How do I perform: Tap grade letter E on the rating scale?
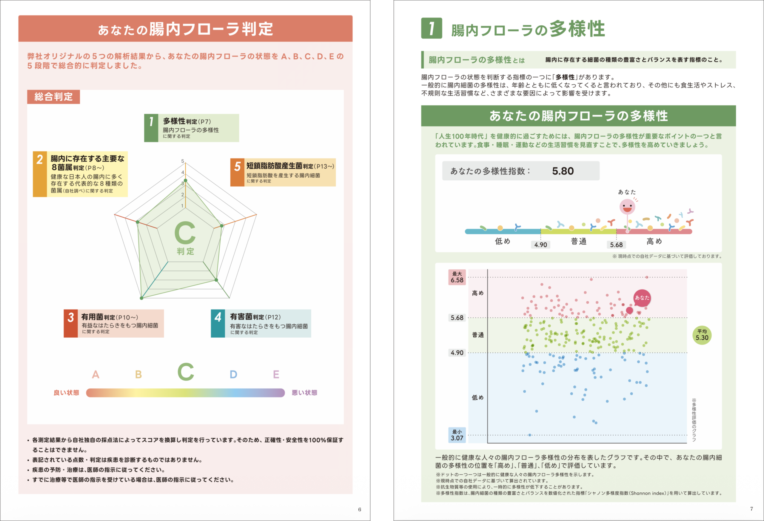[276, 374]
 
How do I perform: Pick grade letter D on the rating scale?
[233, 374]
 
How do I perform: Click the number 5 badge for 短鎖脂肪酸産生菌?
[237, 172]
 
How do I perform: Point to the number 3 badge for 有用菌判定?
[71, 323]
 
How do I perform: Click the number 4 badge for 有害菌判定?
[218, 323]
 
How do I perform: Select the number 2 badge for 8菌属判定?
[40, 174]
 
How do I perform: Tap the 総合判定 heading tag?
[54, 97]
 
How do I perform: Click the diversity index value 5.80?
[563, 171]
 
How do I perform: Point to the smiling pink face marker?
[627, 207]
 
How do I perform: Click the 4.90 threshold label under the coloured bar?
[541, 245]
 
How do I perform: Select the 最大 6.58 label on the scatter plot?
[457, 277]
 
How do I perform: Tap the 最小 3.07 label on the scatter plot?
[457, 435]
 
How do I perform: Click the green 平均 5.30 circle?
[702, 335]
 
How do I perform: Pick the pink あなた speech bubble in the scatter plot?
[642, 298]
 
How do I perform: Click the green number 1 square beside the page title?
[432, 28]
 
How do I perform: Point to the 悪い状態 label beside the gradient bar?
[304, 393]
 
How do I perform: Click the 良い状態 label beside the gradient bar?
[67, 393]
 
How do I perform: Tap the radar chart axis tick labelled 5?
[183, 161]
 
